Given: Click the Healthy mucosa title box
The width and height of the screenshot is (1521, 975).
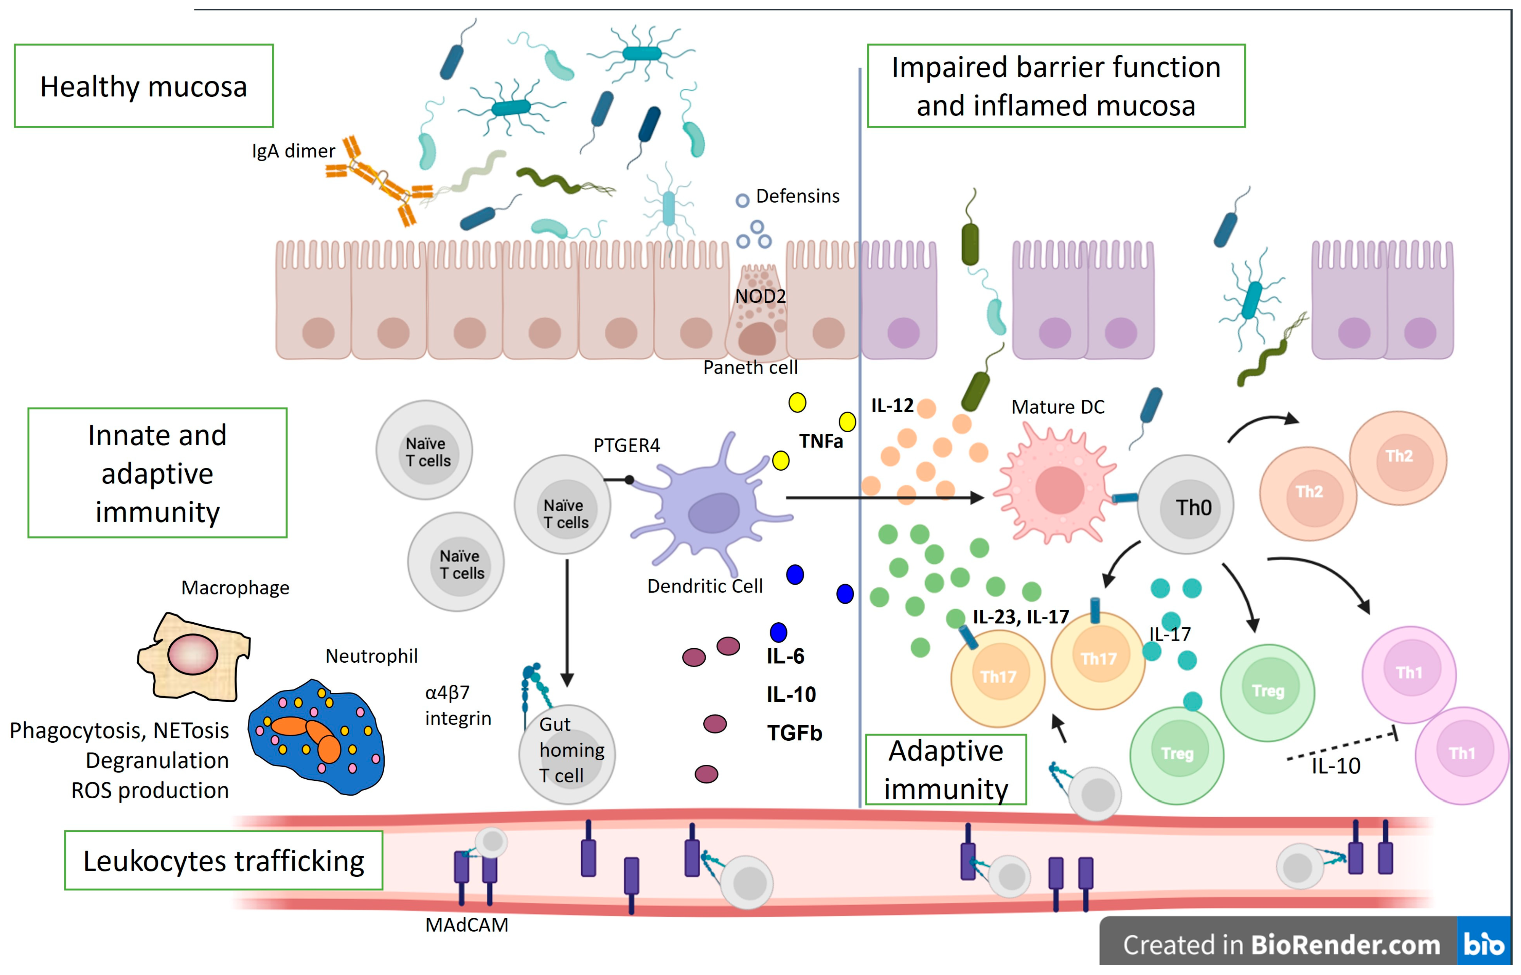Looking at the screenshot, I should (x=144, y=86).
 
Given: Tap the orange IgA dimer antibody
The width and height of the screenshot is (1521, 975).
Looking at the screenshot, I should (x=379, y=181).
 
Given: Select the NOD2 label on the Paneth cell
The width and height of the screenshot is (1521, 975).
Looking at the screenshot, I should (x=760, y=296).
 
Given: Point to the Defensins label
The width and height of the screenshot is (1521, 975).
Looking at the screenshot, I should (x=797, y=196).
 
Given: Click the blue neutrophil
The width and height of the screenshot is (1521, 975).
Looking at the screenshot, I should (x=317, y=738).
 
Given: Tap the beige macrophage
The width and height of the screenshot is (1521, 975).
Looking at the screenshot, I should (x=193, y=655).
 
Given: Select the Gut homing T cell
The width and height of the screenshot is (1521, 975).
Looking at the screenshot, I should (x=567, y=753).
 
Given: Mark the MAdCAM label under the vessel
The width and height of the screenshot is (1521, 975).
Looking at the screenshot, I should (x=467, y=925).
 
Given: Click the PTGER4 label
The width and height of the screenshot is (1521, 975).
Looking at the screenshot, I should (x=627, y=446).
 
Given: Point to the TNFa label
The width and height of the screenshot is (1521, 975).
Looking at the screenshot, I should (x=821, y=441).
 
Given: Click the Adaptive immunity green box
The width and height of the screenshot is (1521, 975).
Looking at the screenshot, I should (x=946, y=770).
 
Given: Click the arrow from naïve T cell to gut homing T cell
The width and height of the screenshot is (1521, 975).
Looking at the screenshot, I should (x=567, y=620).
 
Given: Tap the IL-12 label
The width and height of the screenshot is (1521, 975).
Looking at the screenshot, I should (x=892, y=405).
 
